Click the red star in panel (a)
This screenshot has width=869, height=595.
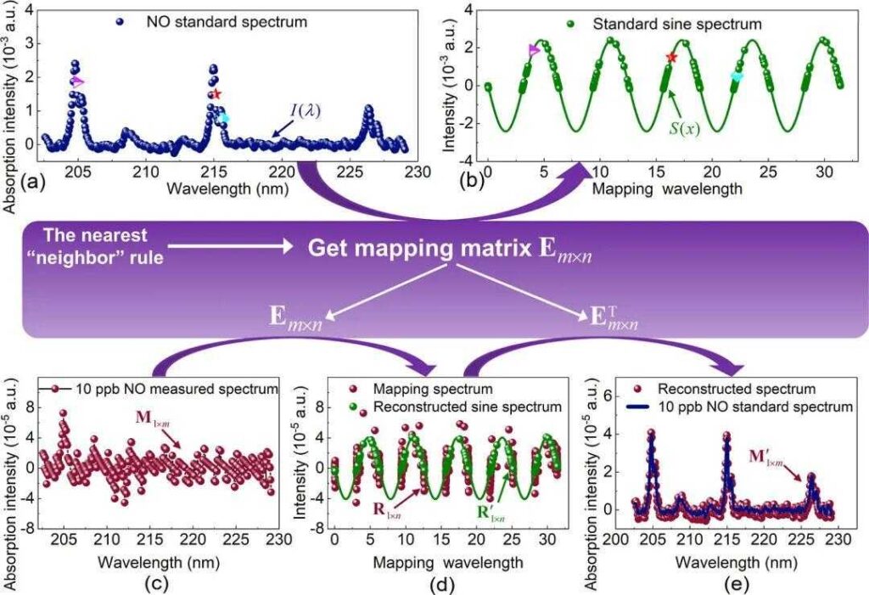coord(216,94)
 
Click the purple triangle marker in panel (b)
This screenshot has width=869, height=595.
coord(534,51)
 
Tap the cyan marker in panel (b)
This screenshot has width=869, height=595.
coord(737,77)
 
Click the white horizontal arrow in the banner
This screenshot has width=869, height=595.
coord(231,249)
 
